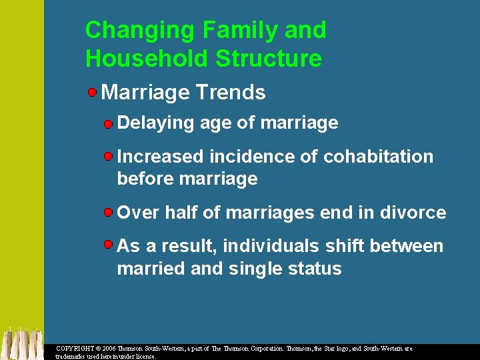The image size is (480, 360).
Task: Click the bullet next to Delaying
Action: [108, 123]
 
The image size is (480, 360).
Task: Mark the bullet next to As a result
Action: [108, 245]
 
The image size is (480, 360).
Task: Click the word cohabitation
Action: [378, 157]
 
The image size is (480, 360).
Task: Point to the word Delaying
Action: [151, 123]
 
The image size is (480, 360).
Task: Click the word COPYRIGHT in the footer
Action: [75, 349]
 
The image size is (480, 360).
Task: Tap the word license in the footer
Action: [145, 357]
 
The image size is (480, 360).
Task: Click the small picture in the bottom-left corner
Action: [21, 343]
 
